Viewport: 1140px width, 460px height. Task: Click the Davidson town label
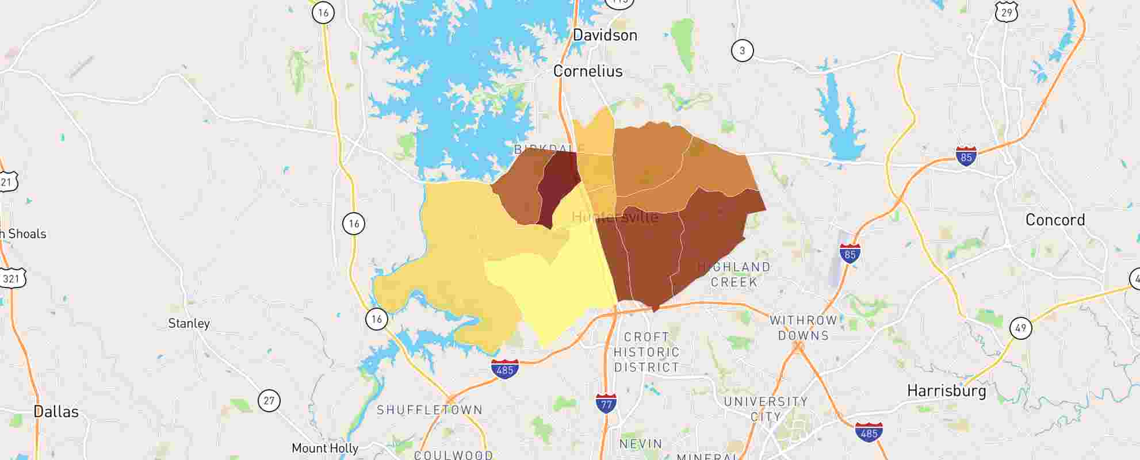point(605,35)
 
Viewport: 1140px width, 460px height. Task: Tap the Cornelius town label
point(588,71)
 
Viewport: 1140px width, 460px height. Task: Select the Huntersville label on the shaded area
point(615,217)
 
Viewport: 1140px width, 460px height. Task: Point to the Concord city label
point(1055,220)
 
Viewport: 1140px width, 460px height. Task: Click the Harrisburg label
point(946,392)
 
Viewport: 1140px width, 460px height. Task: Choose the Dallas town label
point(56,412)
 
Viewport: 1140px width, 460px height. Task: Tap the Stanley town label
point(189,324)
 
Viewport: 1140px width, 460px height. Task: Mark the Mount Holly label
point(325,448)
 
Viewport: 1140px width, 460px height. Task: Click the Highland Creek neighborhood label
point(734,274)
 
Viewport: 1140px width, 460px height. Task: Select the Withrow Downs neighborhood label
point(803,328)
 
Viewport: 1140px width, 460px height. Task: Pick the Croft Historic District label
point(646,352)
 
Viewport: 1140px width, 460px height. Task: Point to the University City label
point(766,409)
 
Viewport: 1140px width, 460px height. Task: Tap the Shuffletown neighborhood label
point(430,410)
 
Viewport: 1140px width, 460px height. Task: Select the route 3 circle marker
point(742,51)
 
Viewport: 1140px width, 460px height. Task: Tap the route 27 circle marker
point(269,400)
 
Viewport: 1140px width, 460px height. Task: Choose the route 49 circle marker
point(1020,328)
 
